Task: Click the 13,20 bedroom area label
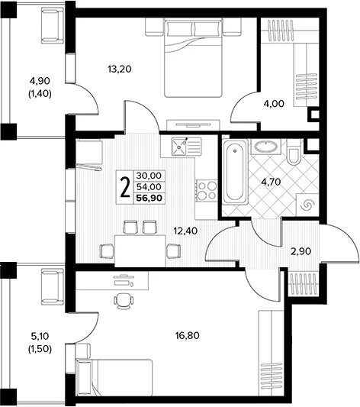(x=120, y=69)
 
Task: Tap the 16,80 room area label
(x=188, y=336)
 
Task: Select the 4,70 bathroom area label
(x=271, y=182)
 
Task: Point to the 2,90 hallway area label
(x=301, y=251)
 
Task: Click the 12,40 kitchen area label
(x=185, y=231)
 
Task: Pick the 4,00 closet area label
(x=274, y=104)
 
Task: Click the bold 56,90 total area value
(x=149, y=198)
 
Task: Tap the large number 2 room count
(x=125, y=187)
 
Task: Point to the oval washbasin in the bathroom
(x=266, y=147)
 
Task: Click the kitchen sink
(x=178, y=146)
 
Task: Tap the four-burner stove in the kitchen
(x=207, y=191)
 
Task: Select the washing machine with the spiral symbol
(x=307, y=205)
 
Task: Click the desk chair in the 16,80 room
(x=124, y=301)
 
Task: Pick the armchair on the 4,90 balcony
(x=53, y=25)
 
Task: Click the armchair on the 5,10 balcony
(x=53, y=286)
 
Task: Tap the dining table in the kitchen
(x=140, y=250)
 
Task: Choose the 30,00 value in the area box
(x=149, y=176)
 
